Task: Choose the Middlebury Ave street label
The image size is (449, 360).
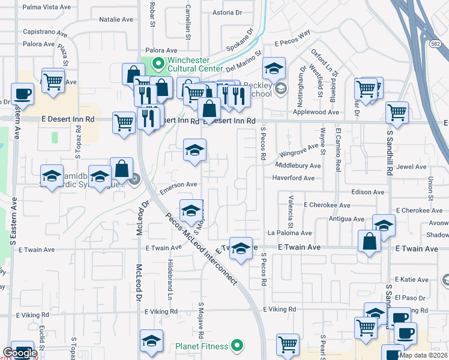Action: point(298,166)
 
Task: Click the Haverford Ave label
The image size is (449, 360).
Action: point(293,178)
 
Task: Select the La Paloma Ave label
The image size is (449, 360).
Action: point(290,233)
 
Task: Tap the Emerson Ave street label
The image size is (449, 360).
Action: point(178,185)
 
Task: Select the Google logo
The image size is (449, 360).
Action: point(20,353)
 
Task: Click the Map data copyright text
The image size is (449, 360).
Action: point(423,355)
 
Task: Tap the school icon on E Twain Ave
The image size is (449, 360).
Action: point(241,249)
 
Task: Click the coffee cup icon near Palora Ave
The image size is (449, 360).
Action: point(22,94)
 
